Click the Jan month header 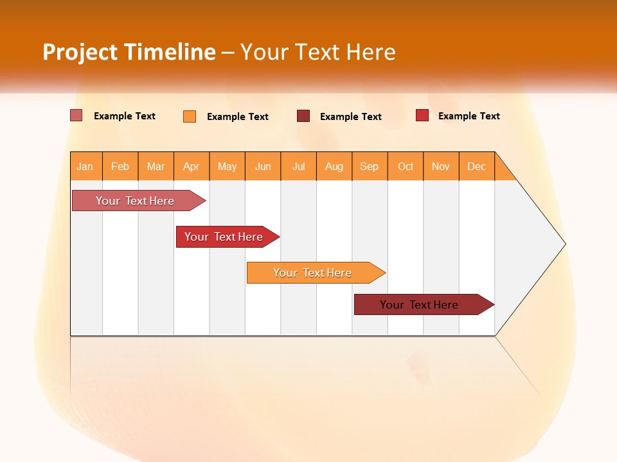tap(85, 166)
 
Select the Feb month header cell tap(120, 166)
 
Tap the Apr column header tap(192, 166)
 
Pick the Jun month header tap(263, 166)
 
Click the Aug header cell tap(334, 166)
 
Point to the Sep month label tap(369, 166)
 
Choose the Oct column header tap(406, 166)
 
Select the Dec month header tap(476, 166)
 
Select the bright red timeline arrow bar tap(225, 237)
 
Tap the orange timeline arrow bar tap(313, 273)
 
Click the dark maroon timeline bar tap(421, 305)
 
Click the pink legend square tap(76, 116)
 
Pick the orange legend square tap(190, 116)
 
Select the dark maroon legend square tap(303, 116)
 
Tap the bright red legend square tap(422, 116)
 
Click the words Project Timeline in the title tap(129, 52)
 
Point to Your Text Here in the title tap(317, 52)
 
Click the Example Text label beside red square tap(469, 116)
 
